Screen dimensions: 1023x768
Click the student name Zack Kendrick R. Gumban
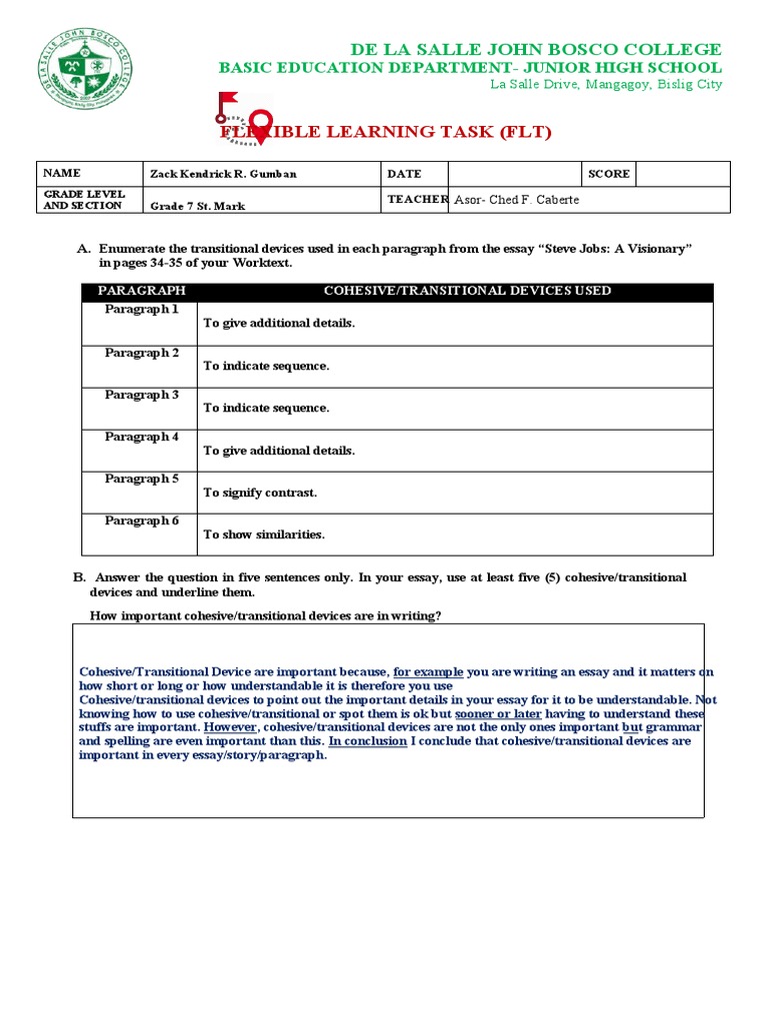223,174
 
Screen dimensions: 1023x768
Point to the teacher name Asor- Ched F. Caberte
516,200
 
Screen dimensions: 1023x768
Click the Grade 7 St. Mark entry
197,206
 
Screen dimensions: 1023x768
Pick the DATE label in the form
404,174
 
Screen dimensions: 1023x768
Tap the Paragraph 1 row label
141,310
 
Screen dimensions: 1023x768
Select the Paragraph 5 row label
141,479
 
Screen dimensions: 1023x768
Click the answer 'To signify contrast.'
260,493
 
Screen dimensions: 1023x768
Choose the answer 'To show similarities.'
264,534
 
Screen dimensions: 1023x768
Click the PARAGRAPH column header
141,291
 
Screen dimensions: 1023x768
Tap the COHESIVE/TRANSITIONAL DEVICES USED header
467,291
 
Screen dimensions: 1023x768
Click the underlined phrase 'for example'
427,672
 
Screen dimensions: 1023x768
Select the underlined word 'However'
229,728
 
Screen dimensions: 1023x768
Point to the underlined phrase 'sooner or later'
491,714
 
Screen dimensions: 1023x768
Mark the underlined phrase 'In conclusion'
367,742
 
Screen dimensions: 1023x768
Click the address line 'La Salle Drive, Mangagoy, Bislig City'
605,85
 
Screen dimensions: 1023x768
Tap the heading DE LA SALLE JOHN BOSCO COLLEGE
535,49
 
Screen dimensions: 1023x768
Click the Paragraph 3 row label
141,395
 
